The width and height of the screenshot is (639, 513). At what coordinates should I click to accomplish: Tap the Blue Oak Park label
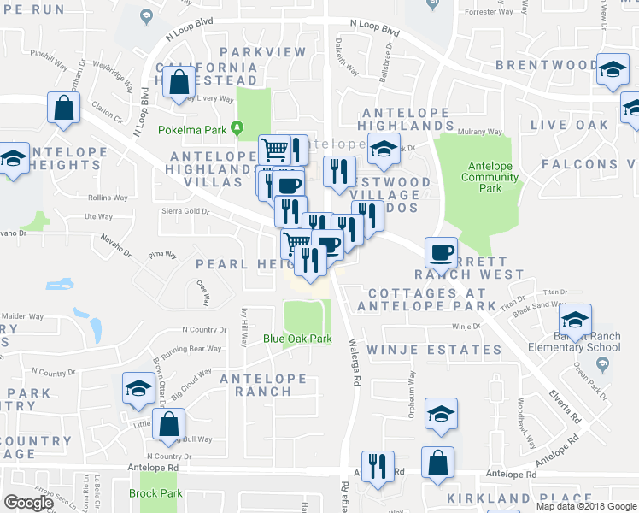pyautogui.click(x=296, y=339)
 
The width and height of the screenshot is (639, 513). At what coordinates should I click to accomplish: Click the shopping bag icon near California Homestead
pyautogui.click(x=179, y=84)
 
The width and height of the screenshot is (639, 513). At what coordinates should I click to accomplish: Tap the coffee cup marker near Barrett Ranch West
pyautogui.click(x=441, y=252)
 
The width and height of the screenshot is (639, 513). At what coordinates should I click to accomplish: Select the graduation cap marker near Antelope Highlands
pyautogui.click(x=384, y=147)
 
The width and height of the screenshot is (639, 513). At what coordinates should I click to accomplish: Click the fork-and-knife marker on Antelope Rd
pyautogui.click(x=377, y=466)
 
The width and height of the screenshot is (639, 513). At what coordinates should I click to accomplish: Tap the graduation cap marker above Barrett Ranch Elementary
pyautogui.click(x=575, y=320)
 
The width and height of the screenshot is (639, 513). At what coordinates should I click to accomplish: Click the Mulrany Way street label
pyautogui.click(x=481, y=132)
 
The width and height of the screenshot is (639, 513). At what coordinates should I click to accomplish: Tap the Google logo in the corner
pyautogui.click(x=28, y=502)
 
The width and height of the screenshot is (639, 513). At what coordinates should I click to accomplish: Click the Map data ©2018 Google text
pyautogui.click(x=586, y=506)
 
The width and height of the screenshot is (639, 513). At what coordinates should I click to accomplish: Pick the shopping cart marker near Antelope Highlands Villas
pyautogui.click(x=274, y=150)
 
